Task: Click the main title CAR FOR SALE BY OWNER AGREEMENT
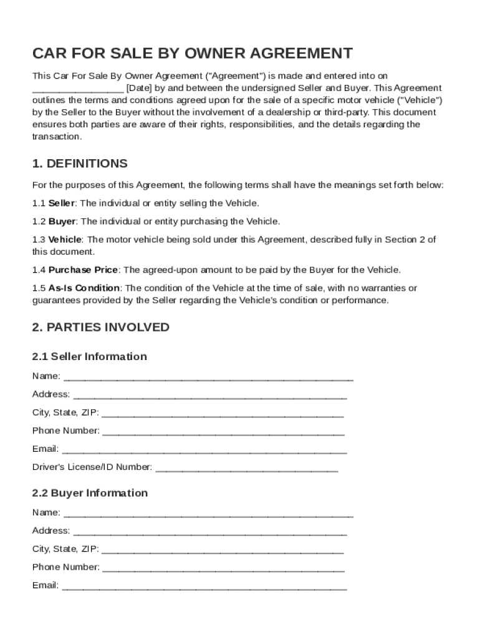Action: pos(192,53)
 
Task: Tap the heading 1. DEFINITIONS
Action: pos(80,163)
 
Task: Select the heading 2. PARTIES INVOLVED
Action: pos(100,327)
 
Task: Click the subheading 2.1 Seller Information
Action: pos(89,356)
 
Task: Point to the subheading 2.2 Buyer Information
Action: pos(90,493)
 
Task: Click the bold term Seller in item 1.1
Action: pos(62,203)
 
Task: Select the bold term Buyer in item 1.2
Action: pos(62,222)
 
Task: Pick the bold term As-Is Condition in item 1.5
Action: pos(84,288)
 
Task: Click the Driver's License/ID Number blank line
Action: pos(246,468)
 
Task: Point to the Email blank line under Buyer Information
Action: pos(204,587)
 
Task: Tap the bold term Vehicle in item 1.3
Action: pos(65,240)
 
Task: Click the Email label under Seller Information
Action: pos(45,449)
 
